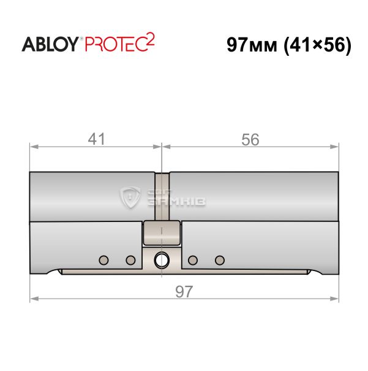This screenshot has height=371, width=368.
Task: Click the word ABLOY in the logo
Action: (x=50, y=44)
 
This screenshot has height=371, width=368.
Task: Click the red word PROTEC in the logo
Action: (x=115, y=44)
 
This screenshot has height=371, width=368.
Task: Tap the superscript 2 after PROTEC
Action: (x=150, y=39)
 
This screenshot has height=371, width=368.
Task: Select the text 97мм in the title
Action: (x=252, y=45)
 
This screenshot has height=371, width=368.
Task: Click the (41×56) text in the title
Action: (x=317, y=45)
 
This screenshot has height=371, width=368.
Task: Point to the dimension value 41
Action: (x=96, y=139)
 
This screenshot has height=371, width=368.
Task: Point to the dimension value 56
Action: (x=250, y=139)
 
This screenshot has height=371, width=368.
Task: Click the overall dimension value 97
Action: (x=184, y=291)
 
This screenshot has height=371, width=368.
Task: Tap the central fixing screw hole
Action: (x=162, y=260)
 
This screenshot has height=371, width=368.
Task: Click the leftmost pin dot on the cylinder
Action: (x=103, y=260)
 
